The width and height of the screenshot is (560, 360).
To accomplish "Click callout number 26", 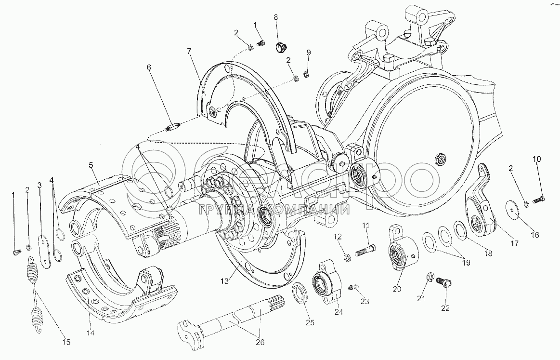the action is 260,342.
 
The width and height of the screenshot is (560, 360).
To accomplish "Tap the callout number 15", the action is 66,342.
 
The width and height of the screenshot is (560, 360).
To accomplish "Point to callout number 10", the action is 537,159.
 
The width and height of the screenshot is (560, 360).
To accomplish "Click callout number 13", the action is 224,281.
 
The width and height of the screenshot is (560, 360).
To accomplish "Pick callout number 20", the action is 397,289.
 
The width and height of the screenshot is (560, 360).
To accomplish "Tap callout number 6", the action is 149,67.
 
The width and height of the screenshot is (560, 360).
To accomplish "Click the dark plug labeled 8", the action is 281,47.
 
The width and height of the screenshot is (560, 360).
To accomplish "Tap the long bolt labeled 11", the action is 365,250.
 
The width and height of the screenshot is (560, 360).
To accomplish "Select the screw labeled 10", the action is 537,200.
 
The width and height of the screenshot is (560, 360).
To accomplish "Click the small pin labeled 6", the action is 174,127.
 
